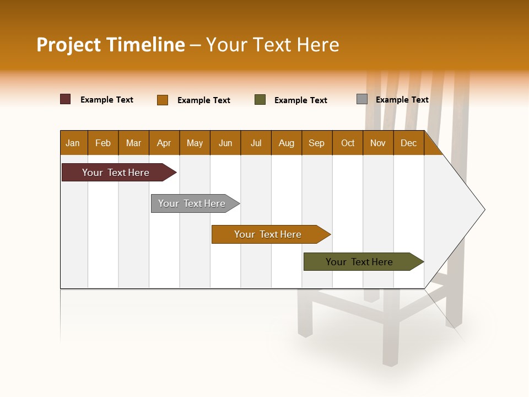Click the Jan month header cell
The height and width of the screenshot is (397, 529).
73,143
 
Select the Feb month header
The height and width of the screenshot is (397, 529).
103,143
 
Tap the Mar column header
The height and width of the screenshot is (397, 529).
133,143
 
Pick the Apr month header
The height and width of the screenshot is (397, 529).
164,143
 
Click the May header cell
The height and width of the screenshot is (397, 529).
195,143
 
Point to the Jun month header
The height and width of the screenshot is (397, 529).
225,143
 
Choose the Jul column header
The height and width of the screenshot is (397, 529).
256,143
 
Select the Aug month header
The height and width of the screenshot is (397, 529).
287,143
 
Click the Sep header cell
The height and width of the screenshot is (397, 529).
317,143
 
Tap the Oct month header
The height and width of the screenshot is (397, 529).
348,143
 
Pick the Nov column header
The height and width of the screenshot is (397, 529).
378,143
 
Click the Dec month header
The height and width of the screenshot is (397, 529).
408,143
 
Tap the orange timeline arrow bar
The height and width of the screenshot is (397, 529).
268,234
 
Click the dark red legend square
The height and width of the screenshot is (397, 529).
66,99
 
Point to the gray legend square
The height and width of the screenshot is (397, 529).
362,99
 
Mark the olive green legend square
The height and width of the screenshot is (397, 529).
260,100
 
